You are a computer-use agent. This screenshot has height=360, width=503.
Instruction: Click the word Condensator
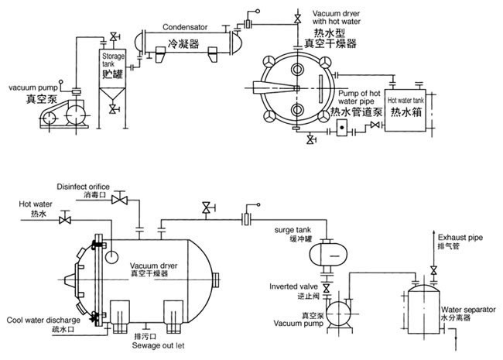click(186, 26)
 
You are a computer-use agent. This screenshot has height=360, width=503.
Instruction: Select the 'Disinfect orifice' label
click(83, 187)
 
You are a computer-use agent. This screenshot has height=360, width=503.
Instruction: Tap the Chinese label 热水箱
click(407, 114)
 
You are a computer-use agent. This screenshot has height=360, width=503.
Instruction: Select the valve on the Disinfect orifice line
click(119, 201)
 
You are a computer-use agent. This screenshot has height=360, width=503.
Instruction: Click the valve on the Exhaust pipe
click(434, 269)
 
